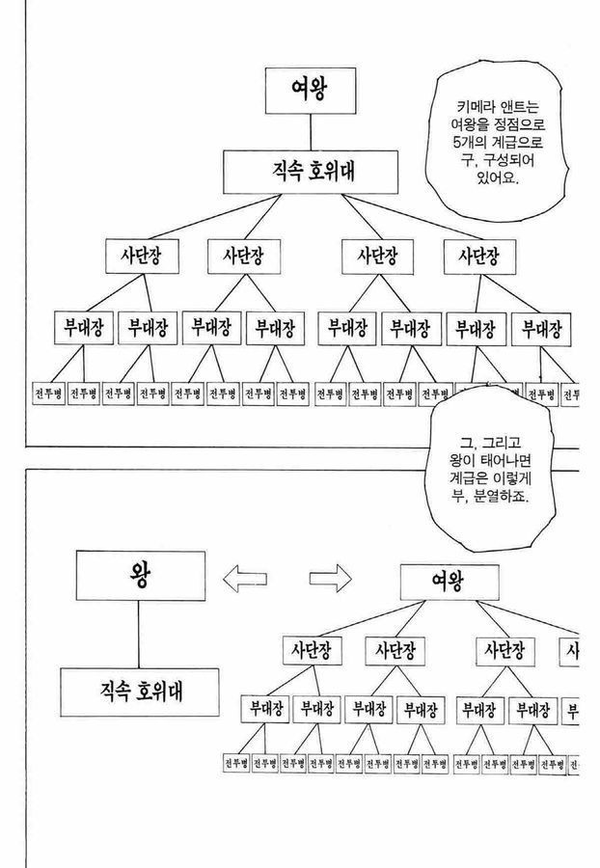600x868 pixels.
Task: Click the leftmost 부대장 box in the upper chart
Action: (83, 327)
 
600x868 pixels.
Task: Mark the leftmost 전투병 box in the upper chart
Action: (49, 393)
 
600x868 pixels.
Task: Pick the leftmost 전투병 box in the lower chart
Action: (264, 764)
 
